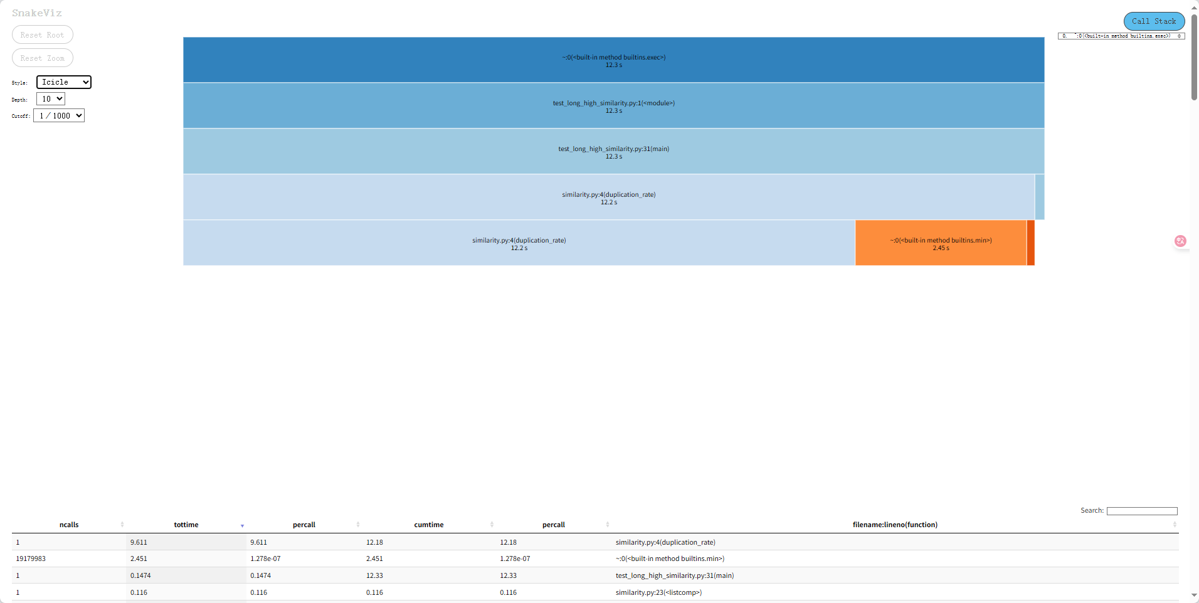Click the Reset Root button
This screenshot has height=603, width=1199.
[x=42, y=35]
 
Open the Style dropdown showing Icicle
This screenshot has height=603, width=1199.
[x=63, y=82]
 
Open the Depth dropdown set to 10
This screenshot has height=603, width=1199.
[x=51, y=99]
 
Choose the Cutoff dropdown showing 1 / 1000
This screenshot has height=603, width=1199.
[x=59, y=116]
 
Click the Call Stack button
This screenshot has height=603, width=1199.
[x=1153, y=21]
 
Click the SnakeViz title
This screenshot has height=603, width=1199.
[x=37, y=13]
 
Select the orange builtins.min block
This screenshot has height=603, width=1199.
[x=940, y=243]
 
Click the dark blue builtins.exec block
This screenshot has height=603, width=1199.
[x=613, y=60]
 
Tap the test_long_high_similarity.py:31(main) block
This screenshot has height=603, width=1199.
[x=613, y=152]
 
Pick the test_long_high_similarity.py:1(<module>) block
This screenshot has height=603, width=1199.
[x=613, y=106]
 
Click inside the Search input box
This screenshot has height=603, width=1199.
[x=1141, y=511]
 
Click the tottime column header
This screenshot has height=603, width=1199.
[x=186, y=525]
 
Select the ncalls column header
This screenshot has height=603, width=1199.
[x=69, y=525]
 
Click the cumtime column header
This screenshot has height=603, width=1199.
[x=429, y=525]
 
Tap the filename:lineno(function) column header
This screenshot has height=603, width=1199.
[x=894, y=525]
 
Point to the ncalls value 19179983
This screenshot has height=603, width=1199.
[x=31, y=558]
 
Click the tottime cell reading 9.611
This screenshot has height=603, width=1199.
[x=139, y=542]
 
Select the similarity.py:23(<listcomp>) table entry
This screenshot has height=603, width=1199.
[x=658, y=592]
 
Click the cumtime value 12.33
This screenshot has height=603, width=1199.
[x=375, y=575]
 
